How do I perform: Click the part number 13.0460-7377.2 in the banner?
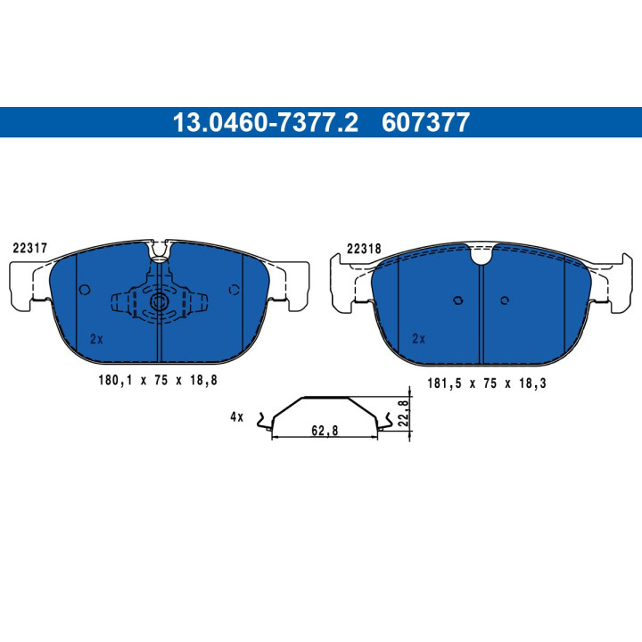266,122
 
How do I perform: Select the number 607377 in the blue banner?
425,122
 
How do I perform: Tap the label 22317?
30,248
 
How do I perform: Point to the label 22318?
364,249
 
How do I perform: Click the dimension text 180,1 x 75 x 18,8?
158,381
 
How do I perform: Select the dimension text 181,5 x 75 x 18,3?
487,383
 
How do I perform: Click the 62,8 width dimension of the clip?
325,431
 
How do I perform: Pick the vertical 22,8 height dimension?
404,413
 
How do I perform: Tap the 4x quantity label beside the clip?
236,417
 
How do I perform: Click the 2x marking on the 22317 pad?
96,339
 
